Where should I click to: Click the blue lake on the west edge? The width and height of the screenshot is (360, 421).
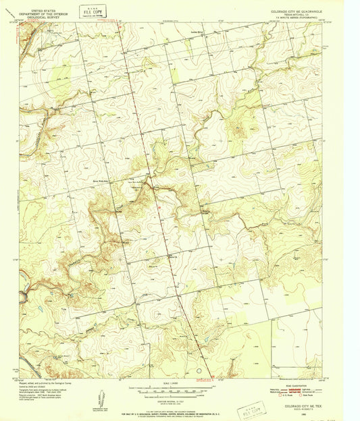pyautogui.click(x=22, y=296)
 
